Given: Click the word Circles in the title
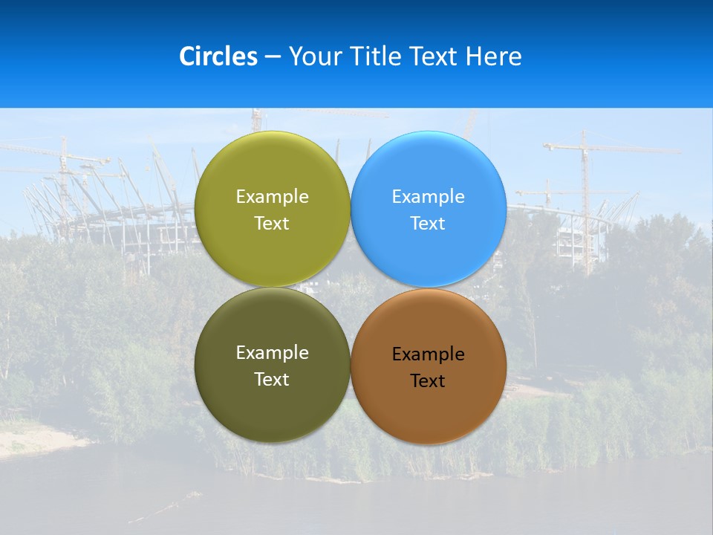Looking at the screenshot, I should pos(218,56).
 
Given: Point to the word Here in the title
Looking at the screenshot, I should pos(494,56).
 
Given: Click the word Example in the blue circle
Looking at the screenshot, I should pos(428,197).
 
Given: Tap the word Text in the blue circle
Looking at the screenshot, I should pos(428,224).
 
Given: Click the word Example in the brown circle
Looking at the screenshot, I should pos(428,354).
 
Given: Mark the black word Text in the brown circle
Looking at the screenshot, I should pos(428,381).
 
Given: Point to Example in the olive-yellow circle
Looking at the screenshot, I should pos(272,197).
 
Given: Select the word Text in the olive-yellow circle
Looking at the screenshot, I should pos(272,224).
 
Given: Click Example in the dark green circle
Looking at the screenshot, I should pos(272,353).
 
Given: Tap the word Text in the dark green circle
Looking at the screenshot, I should pos(272,380).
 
